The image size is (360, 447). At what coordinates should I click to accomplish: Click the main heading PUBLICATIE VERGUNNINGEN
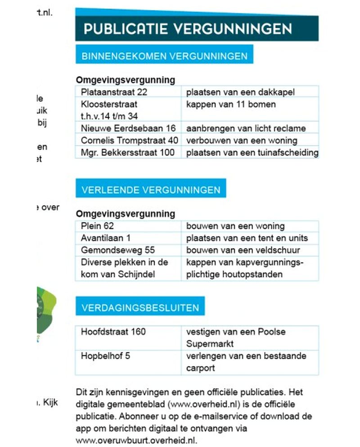[188, 29]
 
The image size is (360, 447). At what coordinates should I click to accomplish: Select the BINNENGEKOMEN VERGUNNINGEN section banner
[164, 56]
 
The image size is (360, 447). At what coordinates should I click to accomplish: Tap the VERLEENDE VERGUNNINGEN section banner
[151, 190]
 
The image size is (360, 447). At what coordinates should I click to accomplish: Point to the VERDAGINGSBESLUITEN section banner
[140, 308]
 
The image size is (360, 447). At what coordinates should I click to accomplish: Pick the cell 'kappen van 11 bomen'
[231, 104]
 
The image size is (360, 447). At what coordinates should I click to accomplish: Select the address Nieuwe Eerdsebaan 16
[128, 128]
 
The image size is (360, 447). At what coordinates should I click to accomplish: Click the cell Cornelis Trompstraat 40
[130, 140]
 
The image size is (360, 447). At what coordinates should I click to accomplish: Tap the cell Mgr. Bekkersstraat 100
[128, 153]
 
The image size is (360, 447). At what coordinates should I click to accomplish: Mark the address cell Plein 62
[98, 226]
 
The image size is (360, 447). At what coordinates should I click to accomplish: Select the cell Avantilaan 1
[106, 238]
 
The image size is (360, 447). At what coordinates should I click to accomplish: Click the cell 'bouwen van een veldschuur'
[243, 250]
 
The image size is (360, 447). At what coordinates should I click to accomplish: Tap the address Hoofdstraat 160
[113, 332]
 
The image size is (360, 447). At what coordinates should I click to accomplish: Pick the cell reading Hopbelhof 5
[106, 356]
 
